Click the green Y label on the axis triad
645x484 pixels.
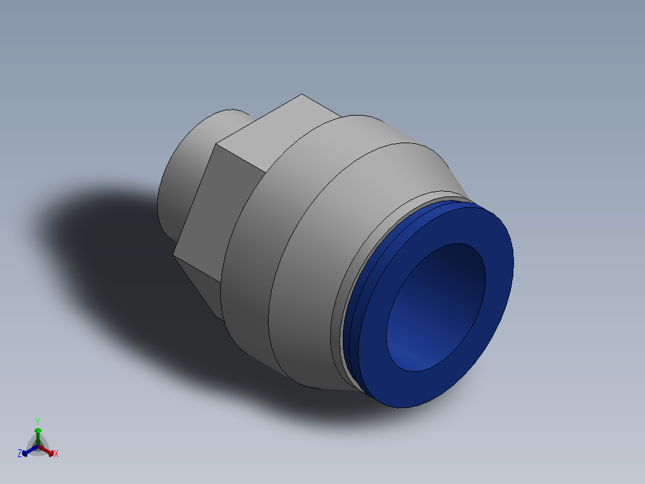pyautogui.click(x=37, y=421)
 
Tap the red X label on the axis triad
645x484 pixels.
pyautogui.click(x=56, y=454)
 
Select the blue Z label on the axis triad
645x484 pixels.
pyautogui.click(x=20, y=453)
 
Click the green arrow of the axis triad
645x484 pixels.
pyautogui.click(x=38, y=432)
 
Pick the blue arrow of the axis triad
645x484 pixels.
pyautogui.click(x=26, y=452)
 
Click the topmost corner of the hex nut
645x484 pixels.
pyautogui.click(x=302, y=95)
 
